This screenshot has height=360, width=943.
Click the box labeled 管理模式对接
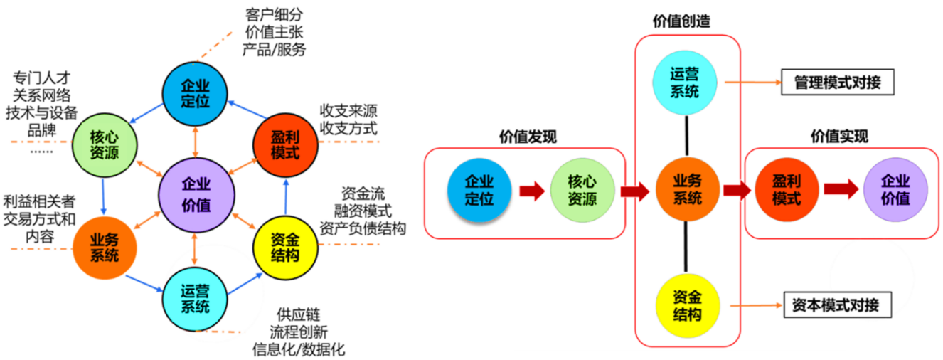pos(836,83)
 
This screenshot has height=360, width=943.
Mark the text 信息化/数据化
pos(299,349)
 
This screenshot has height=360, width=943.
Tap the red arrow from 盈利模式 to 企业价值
pos(841,190)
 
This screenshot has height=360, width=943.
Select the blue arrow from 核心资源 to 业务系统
pos(104,196)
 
